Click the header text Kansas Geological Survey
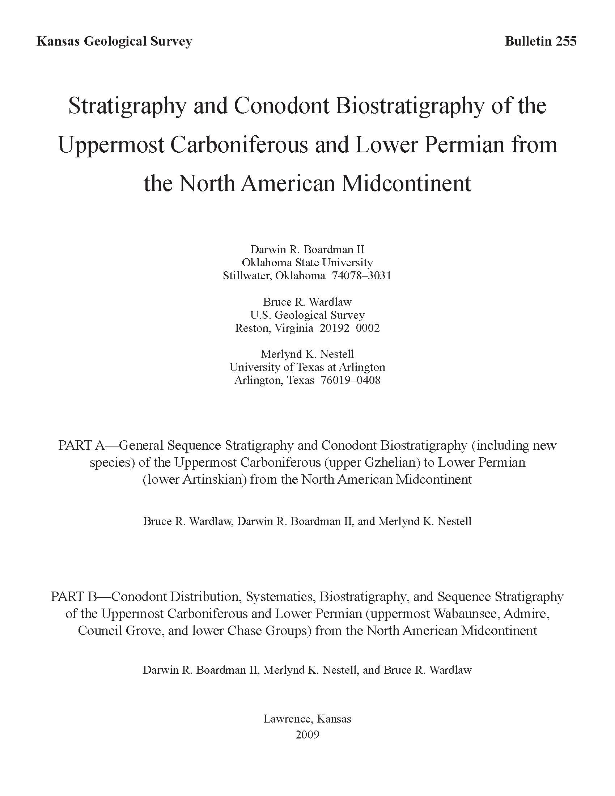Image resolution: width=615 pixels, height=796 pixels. tap(114, 42)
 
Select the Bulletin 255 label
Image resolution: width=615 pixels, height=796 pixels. tap(540, 42)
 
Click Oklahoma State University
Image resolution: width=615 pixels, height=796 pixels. tap(307, 262)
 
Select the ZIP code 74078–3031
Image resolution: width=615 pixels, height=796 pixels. tap(361, 276)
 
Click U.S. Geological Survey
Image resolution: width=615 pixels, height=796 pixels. tap(307, 315)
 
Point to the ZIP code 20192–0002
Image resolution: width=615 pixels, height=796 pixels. tap(349, 328)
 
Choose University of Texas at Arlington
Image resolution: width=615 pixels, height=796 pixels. tap(307, 367)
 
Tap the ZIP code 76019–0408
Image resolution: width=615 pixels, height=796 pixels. tap(351, 380)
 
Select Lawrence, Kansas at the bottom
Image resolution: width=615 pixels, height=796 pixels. tap(307, 719)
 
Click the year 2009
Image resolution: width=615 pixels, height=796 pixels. tap(307, 735)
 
